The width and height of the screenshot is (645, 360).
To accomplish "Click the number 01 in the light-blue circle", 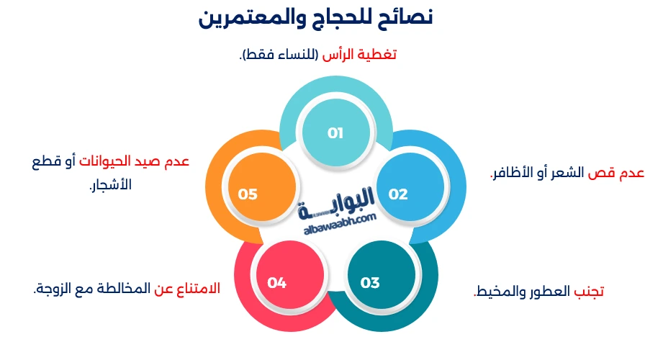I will point(335,133).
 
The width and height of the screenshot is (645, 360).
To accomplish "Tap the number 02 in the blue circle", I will point(398,194).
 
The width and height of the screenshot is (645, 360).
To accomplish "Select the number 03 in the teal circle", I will point(370,283).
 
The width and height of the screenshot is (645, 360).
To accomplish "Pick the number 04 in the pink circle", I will point(277,283).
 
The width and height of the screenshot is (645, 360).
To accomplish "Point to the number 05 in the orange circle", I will point(248,194).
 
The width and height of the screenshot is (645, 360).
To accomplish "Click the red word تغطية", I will point(379,55).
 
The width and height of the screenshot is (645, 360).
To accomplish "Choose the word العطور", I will point(548,292).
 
